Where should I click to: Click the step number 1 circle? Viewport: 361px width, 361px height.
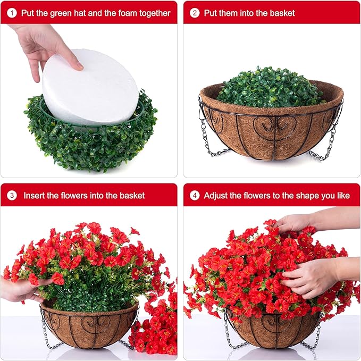pyautogui.click(x=12, y=12)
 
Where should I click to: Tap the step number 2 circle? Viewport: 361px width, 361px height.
pyautogui.click(x=195, y=12)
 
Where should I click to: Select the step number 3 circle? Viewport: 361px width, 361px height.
pyautogui.click(x=12, y=196)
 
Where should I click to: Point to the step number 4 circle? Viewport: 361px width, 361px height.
pyautogui.click(x=195, y=196)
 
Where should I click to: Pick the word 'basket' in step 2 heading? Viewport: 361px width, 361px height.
pyautogui.click(x=281, y=12)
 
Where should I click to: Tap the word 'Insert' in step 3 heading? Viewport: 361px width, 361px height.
pyautogui.click(x=35, y=196)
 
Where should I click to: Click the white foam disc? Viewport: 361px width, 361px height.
pyautogui.click(x=90, y=88)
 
